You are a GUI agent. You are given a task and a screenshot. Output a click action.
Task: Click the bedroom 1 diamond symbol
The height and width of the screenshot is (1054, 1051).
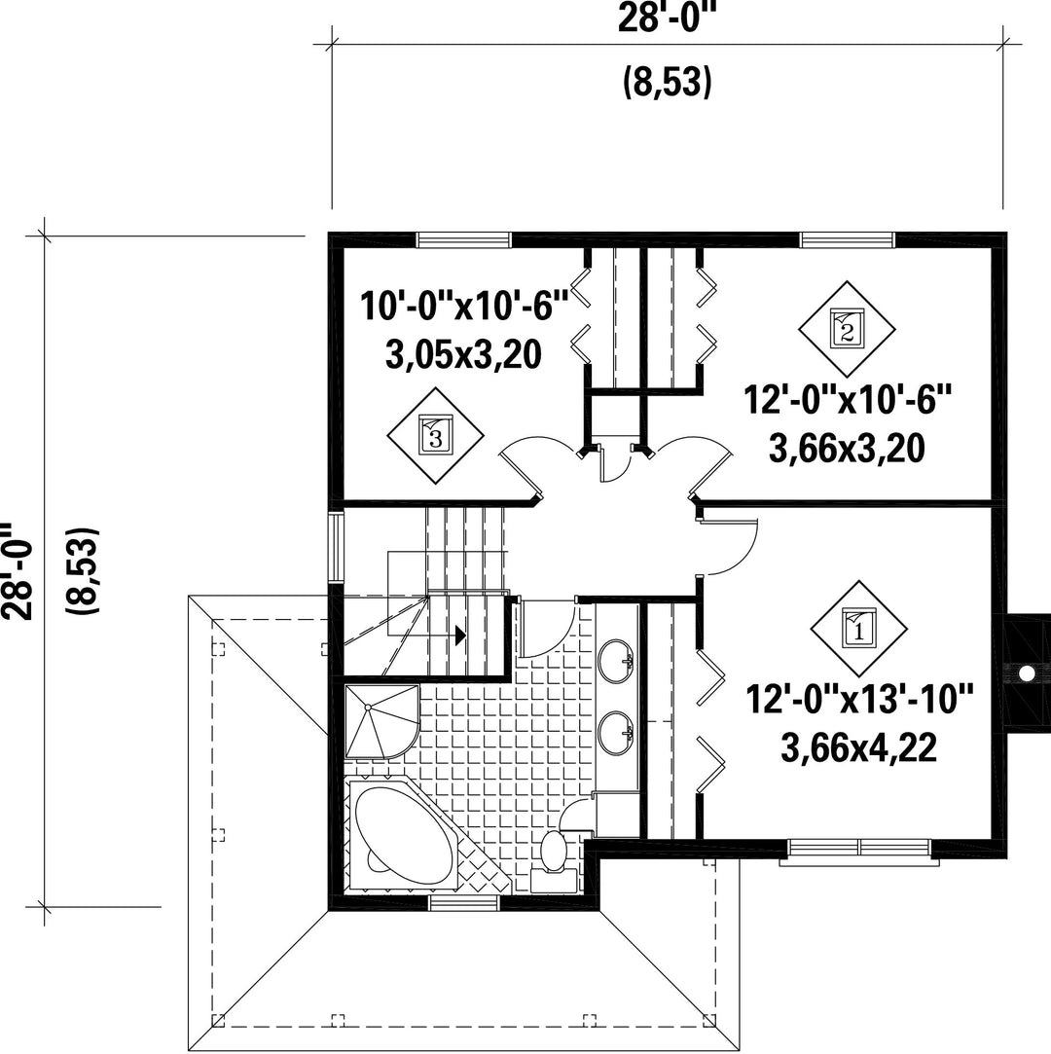[858, 629]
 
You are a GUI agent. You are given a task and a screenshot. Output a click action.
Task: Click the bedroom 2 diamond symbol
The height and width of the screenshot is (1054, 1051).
[847, 329]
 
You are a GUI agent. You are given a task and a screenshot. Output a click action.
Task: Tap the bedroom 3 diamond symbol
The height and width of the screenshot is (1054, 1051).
[435, 435]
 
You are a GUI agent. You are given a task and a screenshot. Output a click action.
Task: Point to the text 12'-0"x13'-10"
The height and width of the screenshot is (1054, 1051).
[859, 699]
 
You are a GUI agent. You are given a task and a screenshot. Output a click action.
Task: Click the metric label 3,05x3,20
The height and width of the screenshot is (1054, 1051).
[463, 353]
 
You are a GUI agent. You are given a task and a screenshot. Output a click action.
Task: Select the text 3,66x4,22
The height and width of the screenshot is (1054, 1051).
[859, 746]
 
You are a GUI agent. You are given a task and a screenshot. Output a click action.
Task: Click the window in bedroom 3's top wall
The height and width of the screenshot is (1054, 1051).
[463, 240]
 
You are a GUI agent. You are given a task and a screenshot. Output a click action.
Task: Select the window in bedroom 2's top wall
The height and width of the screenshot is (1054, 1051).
[848, 240]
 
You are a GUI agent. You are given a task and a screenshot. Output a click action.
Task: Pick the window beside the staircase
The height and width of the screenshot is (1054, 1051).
[336, 547]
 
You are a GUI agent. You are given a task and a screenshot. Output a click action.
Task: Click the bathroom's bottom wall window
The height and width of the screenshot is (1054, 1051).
[463, 903]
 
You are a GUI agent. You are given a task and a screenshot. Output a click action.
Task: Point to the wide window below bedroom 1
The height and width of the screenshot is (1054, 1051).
[859, 851]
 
